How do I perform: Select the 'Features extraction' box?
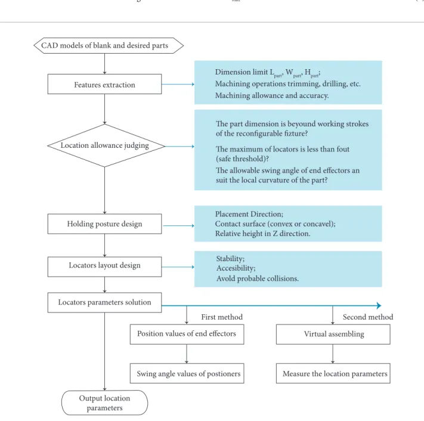(x=104, y=84)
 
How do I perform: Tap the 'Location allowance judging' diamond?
(x=106, y=146)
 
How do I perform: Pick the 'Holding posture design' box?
(x=104, y=224)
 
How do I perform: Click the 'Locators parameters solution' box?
(x=104, y=302)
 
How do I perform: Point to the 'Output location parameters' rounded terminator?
(x=104, y=403)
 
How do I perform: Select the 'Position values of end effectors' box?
(x=187, y=334)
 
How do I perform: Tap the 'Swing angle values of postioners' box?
(x=187, y=373)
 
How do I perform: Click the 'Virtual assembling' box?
(x=333, y=334)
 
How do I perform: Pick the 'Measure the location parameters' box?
(x=333, y=373)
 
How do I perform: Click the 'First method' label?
(x=222, y=317)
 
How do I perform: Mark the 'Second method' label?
(x=368, y=317)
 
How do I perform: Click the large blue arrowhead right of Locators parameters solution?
(x=379, y=305)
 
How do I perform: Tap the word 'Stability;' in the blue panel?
(x=230, y=259)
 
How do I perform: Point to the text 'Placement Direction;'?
(x=249, y=214)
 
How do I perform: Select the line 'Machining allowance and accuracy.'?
(x=272, y=96)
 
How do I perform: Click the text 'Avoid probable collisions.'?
(x=258, y=278)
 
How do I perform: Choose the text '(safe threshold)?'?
(x=242, y=159)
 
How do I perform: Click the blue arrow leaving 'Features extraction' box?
(x=178, y=84)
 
